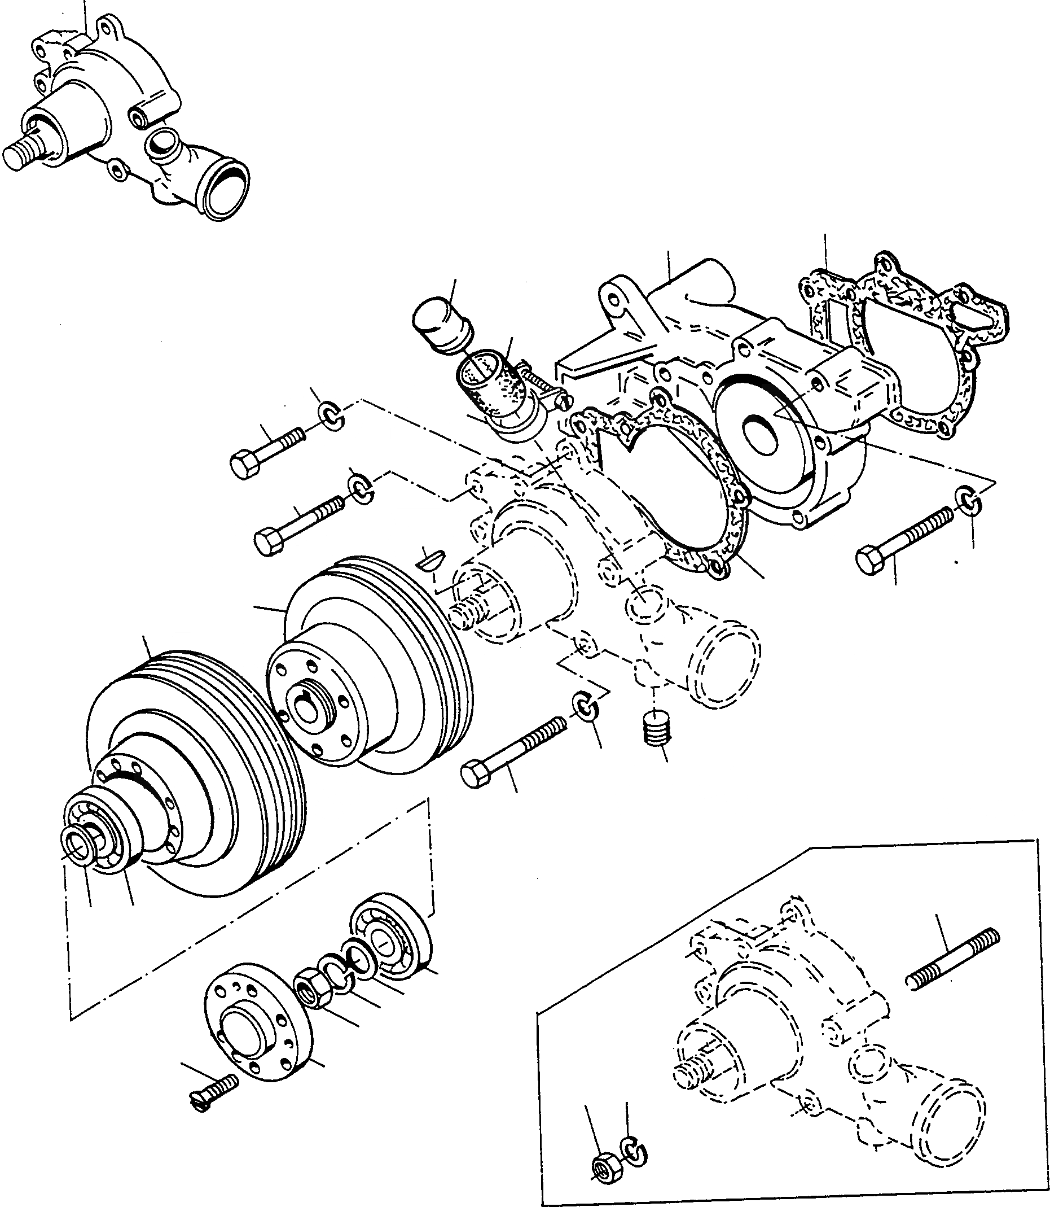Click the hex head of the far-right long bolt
tap(869, 559)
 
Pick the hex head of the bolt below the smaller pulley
tap(475, 775)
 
